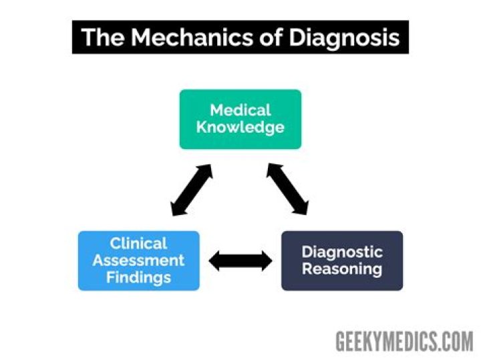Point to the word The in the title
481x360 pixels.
click(102, 37)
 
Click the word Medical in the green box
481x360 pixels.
click(240, 110)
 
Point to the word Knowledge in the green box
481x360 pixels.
click(240, 127)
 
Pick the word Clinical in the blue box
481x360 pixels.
click(138, 243)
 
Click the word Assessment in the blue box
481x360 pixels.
click(138, 260)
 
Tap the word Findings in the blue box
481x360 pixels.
click(138, 277)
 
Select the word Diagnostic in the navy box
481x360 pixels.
click(342, 252)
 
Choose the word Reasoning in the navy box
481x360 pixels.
click(342, 269)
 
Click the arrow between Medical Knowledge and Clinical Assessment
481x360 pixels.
click(192, 190)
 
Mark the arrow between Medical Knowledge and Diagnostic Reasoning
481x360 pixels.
click(288, 190)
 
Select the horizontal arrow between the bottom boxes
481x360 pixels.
click(240, 260)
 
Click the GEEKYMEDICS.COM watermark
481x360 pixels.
click(404, 341)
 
